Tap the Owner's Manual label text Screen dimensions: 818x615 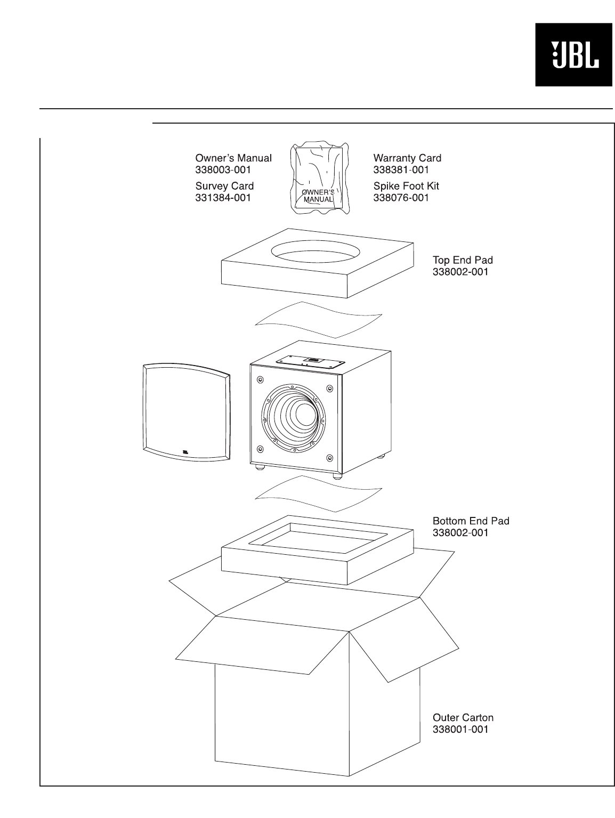click(x=233, y=158)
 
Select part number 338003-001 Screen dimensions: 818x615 click(x=223, y=170)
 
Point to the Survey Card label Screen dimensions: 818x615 click(x=224, y=186)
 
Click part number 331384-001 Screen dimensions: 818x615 click(x=223, y=198)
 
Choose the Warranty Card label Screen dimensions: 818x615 click(x=407, y=158)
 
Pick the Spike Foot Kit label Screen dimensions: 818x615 click(x=406, y=186)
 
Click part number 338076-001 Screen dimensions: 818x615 click(x=401, y=198)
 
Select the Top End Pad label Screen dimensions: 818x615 click(x=463, y=260)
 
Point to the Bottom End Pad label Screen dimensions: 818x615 click(x=471, y=521)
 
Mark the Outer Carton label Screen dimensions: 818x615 click(x=463, y=718)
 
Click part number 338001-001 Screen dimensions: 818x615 click(x=460, y=730)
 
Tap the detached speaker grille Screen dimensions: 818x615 click(x=186, y=411)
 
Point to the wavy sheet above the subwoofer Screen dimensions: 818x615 click(x=319, y=319)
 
